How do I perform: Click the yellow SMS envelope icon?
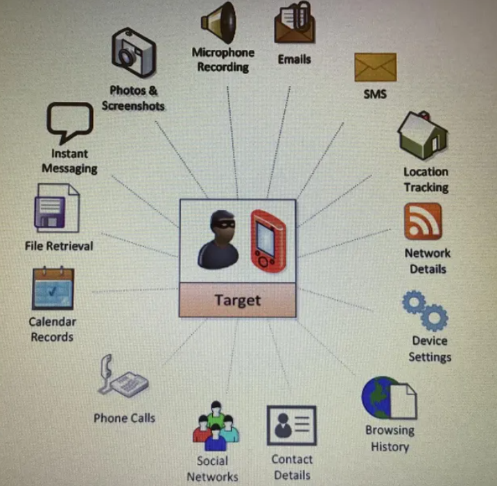click(375, 67)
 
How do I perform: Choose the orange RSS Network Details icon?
click(423, 222)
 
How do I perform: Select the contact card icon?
click(292, 425)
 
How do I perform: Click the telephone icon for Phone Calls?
click(123, 377)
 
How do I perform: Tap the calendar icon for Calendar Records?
click(53, 288)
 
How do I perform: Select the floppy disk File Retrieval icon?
click(56, 209)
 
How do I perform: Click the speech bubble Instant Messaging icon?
click(69, 123)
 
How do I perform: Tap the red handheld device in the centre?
click(268, 240)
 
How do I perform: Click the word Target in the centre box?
click(237, 300)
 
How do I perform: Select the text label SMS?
click(375, 94)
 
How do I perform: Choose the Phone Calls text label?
click(124, 417)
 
